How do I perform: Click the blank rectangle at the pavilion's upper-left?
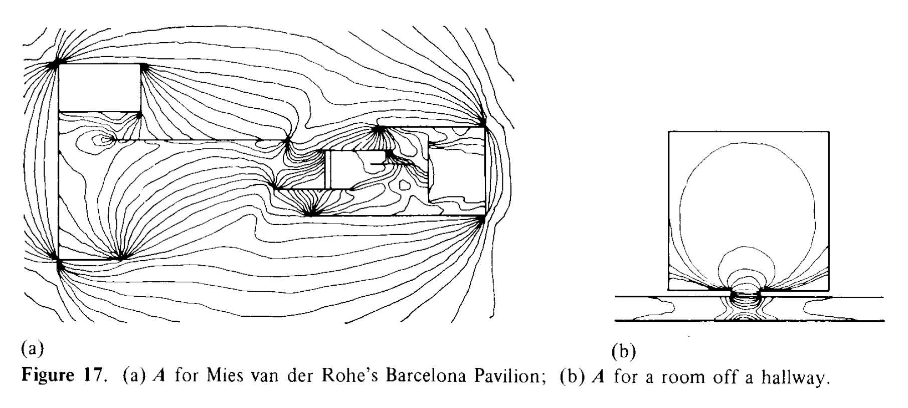coord(99,87)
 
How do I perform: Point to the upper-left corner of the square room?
coord(669,131)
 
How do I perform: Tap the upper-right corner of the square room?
coord(828,131)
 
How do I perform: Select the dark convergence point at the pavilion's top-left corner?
coord(56,64)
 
